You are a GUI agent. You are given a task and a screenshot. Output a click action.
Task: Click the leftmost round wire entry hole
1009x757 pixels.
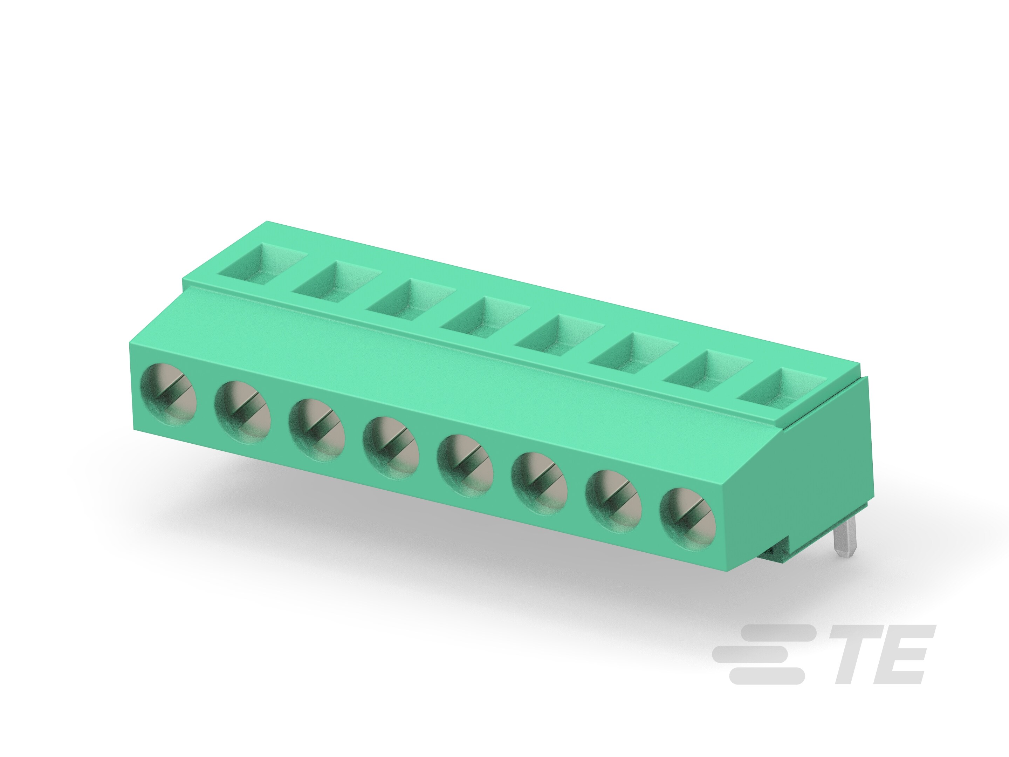[x=169, y=395]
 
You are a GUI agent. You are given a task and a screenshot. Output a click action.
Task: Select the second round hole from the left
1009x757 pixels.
[x=243, y=412]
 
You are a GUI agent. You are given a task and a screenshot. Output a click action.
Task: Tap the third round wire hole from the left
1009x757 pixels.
[x=317, y=430]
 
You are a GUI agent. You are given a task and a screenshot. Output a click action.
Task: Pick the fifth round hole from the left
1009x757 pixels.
[x=465, y=465]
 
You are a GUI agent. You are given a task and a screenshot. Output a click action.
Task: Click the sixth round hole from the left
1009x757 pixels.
[x=539, y=483]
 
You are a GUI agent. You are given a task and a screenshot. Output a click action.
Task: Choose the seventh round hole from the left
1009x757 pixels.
[x=613, y=501]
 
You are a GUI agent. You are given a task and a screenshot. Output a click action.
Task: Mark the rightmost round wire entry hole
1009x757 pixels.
[x=688, y=519]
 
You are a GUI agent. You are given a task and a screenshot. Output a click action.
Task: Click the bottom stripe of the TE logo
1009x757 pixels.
[x=766, y=676]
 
